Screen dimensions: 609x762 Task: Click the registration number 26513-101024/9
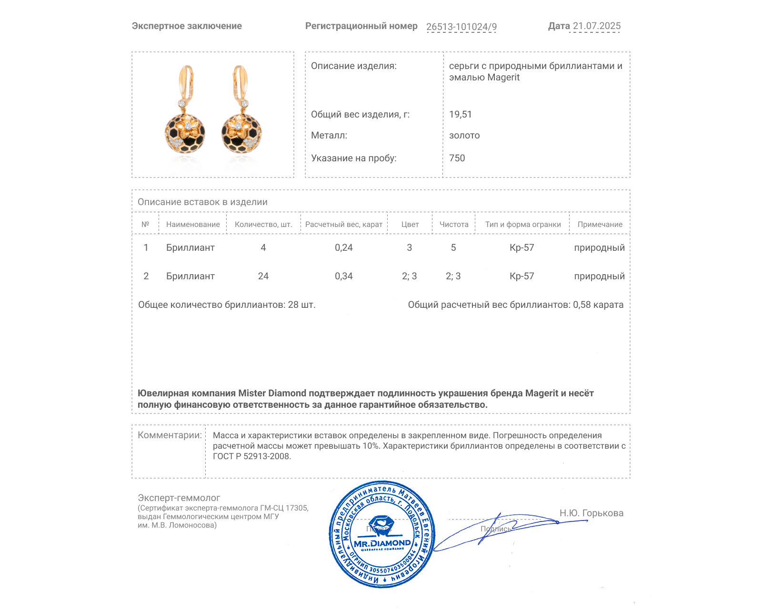click(x=461, y=27)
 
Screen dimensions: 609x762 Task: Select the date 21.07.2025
click(x=596, y=26)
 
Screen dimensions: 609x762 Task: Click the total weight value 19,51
click(x=460, y=115)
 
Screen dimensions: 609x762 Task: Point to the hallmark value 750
click(x=457, y=158)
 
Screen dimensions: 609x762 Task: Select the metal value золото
click(x=464, y=136)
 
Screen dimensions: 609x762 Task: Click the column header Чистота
click(x=453, y=225)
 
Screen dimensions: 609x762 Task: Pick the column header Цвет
click(x=410, y=225)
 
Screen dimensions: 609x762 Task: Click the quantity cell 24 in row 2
click(x=263, y=276)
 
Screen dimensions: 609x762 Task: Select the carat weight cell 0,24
click(x=343, y=248)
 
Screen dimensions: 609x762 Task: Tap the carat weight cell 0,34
click(x=343, y=276)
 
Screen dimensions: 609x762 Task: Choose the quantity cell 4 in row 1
click(x=263, y=248)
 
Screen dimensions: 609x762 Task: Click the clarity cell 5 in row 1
click(x=453, y=248)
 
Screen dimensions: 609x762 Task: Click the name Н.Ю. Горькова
click(x=591, y=513)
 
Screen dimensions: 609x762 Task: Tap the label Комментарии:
click(x=170, y=435)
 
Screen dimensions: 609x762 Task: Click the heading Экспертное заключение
click(x=187, y=26)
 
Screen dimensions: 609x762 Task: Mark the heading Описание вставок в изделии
click(x=202, y=202)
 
